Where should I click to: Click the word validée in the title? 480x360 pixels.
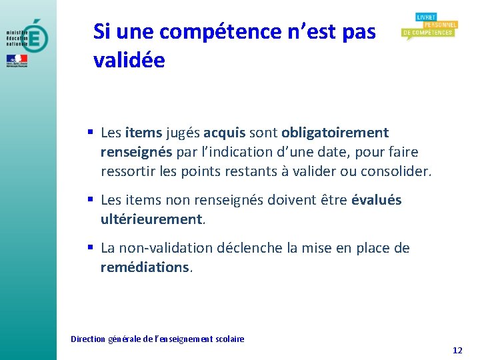click(129, 60)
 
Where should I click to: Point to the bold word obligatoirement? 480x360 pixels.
click(335, 133)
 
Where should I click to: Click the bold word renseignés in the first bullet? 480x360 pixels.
click(136, 152)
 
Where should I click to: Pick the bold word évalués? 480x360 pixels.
click(376, 200)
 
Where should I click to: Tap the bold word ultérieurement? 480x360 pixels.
click(151, 219)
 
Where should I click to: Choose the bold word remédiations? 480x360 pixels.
click(145, 267)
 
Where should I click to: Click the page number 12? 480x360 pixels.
click(457, 351)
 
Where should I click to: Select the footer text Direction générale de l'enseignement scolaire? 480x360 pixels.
click(157, 339)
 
